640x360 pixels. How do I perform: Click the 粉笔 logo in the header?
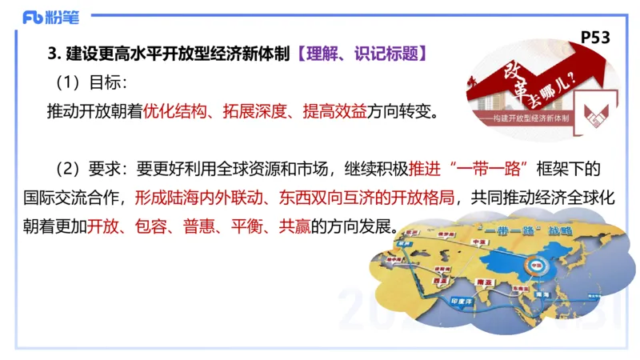pyautogui.click(x=45, y=16)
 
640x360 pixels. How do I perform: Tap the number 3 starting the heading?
pyautogui.click(x=52, y=54)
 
